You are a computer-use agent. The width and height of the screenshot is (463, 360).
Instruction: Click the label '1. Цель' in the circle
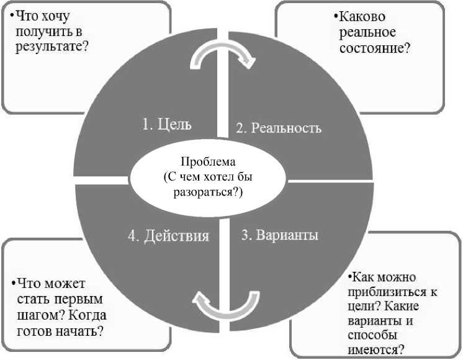[166, 124]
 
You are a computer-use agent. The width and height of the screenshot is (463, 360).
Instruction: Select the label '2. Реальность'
[279, 128]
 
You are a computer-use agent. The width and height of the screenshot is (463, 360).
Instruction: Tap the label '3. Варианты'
[279, 235]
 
